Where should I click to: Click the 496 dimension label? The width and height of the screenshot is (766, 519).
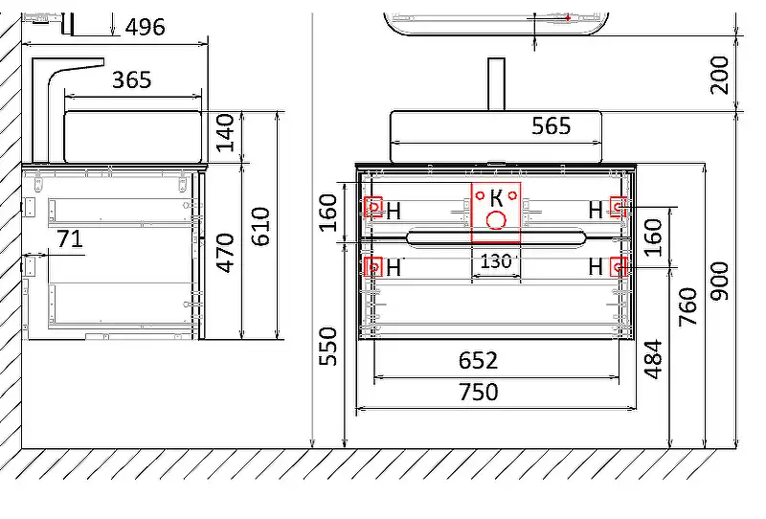pos(146,28)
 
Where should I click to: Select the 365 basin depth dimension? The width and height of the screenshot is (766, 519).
pos(132,79)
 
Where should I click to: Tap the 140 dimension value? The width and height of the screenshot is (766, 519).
pos(225,133)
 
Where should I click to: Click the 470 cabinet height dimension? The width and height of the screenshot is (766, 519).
pos(225,253)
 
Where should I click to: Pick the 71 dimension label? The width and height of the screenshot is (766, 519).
pos(70,239)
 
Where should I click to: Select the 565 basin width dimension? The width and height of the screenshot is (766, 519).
pos(552,126)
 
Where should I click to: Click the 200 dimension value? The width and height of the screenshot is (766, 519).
pos(719,75)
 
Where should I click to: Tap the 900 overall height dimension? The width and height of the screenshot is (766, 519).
pos(719,281)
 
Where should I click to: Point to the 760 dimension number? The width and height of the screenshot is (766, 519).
pos(687,307)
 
